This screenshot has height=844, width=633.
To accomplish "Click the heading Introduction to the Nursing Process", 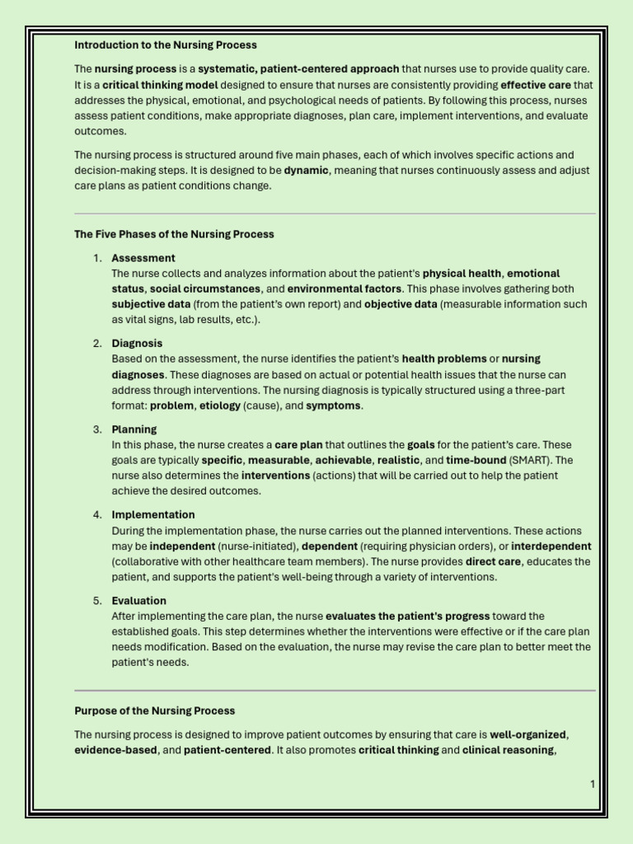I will [x=166, y=45].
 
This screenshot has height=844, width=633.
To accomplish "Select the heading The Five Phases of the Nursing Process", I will [x=174, y=234].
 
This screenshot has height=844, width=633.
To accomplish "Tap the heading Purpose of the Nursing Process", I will [x=154, y=710].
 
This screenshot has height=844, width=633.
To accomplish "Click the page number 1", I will [x=592, y=784].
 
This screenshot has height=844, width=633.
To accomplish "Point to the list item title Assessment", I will [x=143, y=258].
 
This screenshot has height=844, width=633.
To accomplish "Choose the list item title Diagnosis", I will [x=137, y=344].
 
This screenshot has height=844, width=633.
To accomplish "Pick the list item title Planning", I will [x=134, y=429].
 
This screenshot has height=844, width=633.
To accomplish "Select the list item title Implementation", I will [x=153, y=515].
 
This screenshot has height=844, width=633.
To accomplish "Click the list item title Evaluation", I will [x=138, y=601].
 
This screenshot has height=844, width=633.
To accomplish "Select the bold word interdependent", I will [x=552, y=546].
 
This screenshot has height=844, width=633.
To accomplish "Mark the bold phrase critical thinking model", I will [x=161, y=85].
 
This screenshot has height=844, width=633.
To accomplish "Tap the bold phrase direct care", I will [x=495, y=562].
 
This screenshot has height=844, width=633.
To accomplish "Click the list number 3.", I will [x=97, y=429].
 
